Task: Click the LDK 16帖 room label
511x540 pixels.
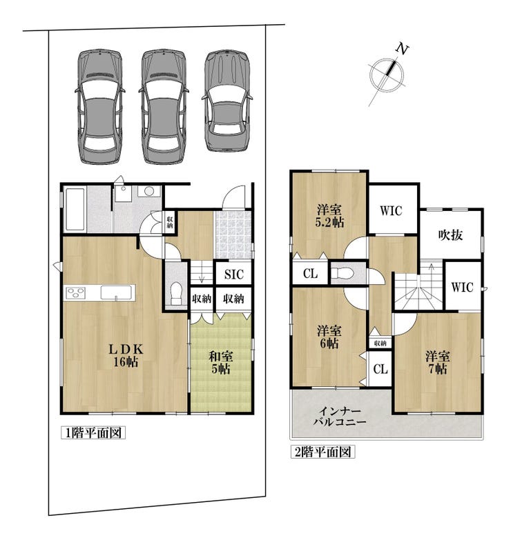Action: (126, 355)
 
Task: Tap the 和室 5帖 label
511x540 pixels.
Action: (221, 362)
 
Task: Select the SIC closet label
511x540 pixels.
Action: (234, 274)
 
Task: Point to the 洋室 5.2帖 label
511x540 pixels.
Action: (329, 216)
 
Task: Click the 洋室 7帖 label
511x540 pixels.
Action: (437, 362)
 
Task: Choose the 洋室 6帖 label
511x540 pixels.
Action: (329, 337)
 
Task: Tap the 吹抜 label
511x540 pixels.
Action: (450, 235)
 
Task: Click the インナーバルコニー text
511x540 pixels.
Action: (340, 417)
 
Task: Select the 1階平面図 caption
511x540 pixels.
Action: (93, 432)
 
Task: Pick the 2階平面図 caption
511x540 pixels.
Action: (322, 452)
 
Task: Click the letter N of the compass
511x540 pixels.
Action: (402, 48)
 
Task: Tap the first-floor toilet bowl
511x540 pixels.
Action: (177, 292)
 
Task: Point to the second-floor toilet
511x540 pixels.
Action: (343, 273)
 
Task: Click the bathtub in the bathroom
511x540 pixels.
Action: (75, 209)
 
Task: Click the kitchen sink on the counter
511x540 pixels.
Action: (116, 292)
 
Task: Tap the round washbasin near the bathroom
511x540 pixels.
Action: (149, 191)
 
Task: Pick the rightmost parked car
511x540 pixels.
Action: (227, 101)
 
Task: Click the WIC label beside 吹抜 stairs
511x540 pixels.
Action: (462, 287)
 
